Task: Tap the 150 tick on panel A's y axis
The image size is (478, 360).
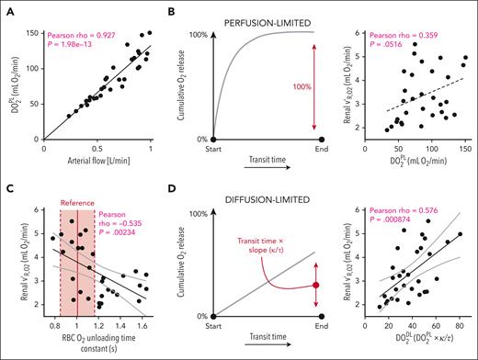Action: tap(35, 32)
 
